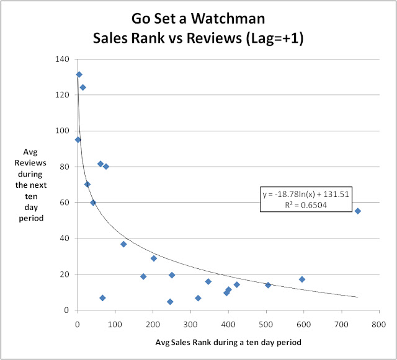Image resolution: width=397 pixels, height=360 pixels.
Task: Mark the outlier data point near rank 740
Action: (x=357, y=211)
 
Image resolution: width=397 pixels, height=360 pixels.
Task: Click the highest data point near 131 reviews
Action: (x=79, y=74)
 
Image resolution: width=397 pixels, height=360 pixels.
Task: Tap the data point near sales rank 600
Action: (x=302, y=279)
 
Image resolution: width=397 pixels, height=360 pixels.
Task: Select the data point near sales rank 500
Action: (x=268, y=285)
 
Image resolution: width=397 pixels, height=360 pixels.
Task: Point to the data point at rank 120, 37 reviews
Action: (x=123, y=244)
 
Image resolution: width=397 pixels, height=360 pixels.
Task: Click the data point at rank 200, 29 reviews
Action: (x=154, y=258)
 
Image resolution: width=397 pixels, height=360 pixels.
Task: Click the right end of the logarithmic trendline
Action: (x=357, y=297)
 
